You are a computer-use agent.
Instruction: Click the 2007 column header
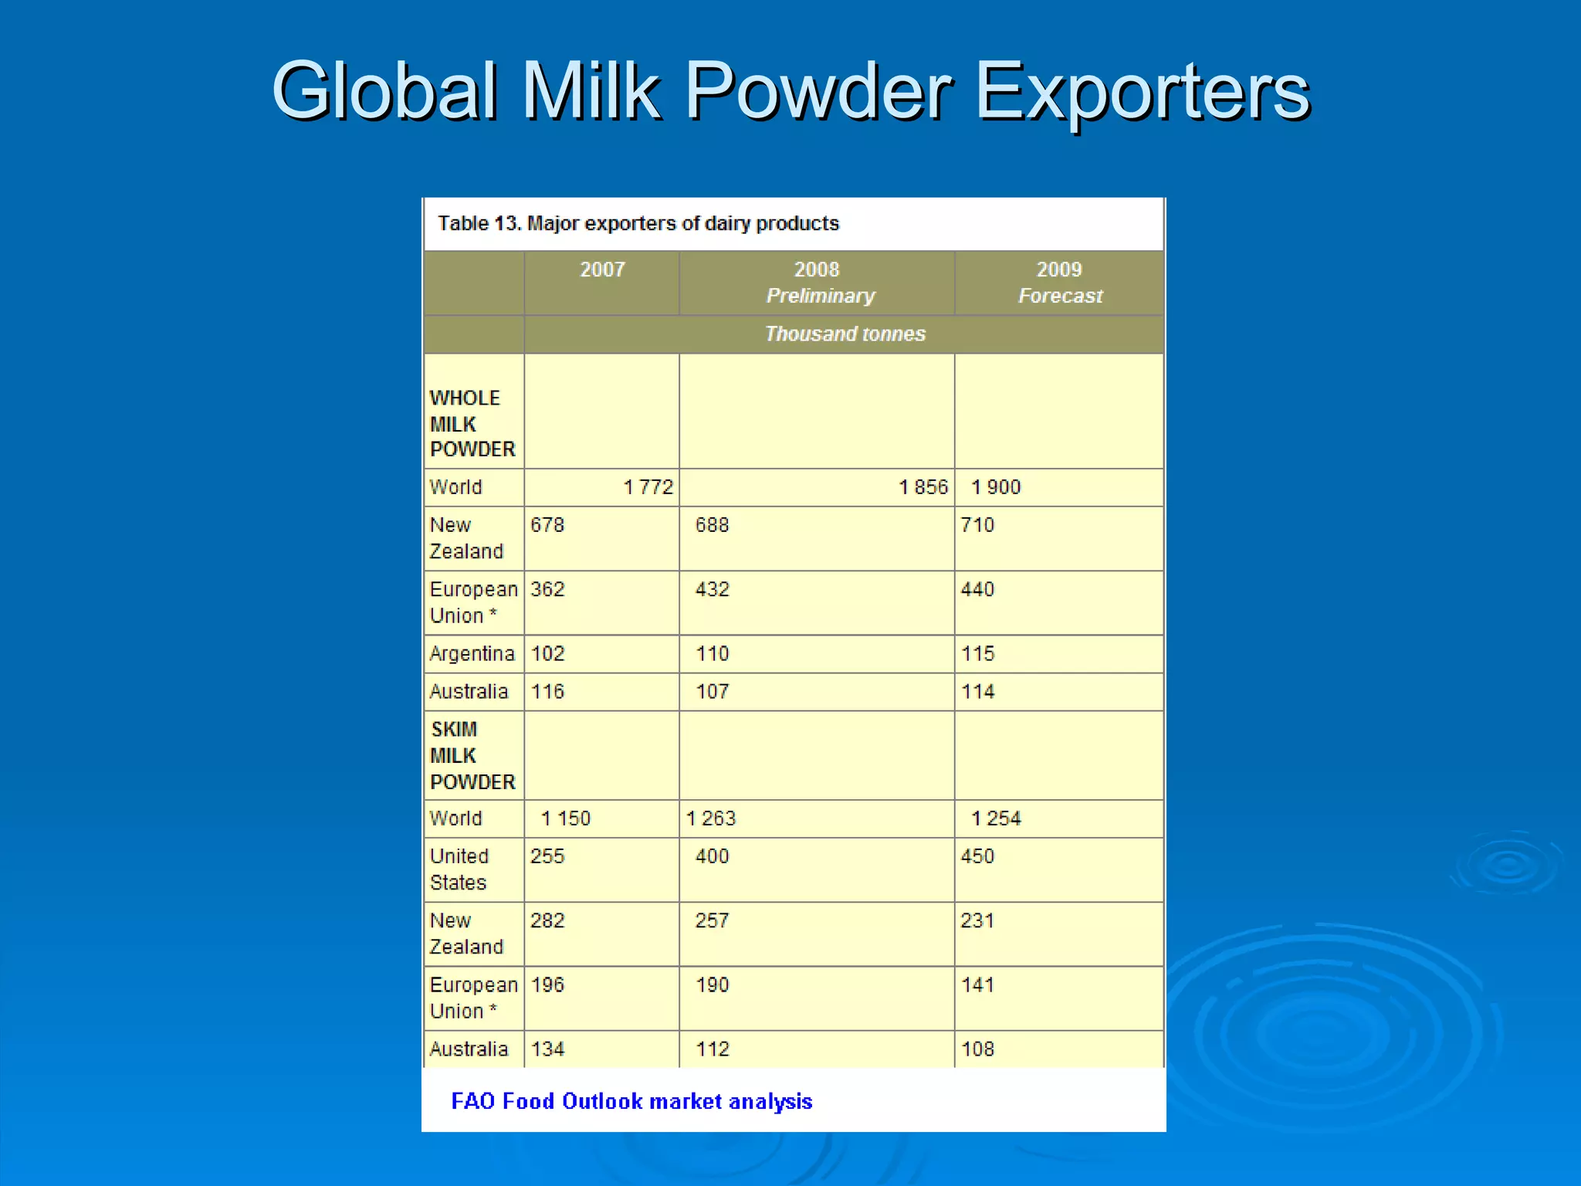click(602, 269)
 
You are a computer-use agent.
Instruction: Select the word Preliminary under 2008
click(820, 296)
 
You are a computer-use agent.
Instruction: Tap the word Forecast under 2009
click(1060, 296)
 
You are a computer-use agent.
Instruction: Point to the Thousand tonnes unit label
click(845, 334)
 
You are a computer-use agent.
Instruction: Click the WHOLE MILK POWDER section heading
click(472, 423)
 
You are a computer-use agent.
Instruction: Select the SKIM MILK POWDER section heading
click(472, 755)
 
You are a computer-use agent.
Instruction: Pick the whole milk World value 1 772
click(648, 487)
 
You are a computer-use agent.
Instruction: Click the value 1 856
click(923, 487)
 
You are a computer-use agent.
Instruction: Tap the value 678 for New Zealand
click(547, 525)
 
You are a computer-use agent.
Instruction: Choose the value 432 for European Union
click(712, 589)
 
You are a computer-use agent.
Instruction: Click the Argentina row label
click(472, 654)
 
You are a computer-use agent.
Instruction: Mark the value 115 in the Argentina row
click(977, 654)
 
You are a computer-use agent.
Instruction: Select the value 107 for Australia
click(712, 692)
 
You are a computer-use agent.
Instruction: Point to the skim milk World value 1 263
click(711, 818)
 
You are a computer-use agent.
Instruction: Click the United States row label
click(459, 869)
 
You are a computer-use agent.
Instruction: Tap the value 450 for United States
click(977, 856)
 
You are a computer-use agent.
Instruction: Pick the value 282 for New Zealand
click(547, 920)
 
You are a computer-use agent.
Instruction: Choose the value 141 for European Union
click(977, 985)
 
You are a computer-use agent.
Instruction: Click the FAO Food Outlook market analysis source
click(631, 1101)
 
